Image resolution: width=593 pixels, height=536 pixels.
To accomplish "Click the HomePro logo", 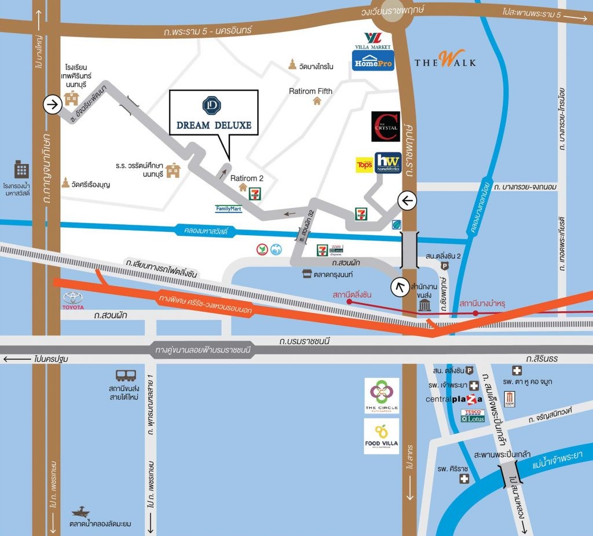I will click(373, 60).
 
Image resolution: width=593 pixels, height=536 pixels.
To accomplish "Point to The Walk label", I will click(445, 60).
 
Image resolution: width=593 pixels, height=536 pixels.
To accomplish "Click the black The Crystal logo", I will click(385, 127).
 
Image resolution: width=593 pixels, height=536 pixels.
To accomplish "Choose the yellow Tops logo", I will click(364, 165).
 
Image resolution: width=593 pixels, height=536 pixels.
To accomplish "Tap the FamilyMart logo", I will click(228, 208).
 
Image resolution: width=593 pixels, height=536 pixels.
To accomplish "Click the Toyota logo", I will click(73, 300).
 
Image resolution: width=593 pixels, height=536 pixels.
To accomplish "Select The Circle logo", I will click(382, 396).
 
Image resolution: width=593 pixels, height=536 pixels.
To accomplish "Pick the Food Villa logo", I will click(382, 436).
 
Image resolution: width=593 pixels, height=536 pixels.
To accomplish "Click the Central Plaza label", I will click(454, 399).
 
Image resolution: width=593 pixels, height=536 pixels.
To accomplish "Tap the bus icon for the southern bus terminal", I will click(125, 376).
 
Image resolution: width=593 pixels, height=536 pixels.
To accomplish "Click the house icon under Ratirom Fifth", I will click(317, 101).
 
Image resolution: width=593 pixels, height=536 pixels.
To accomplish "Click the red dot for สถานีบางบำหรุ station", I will click(475, 313).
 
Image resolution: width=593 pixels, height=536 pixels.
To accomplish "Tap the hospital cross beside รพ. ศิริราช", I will click(463, 479).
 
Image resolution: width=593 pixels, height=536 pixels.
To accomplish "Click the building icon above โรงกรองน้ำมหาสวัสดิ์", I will click(21, 170).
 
